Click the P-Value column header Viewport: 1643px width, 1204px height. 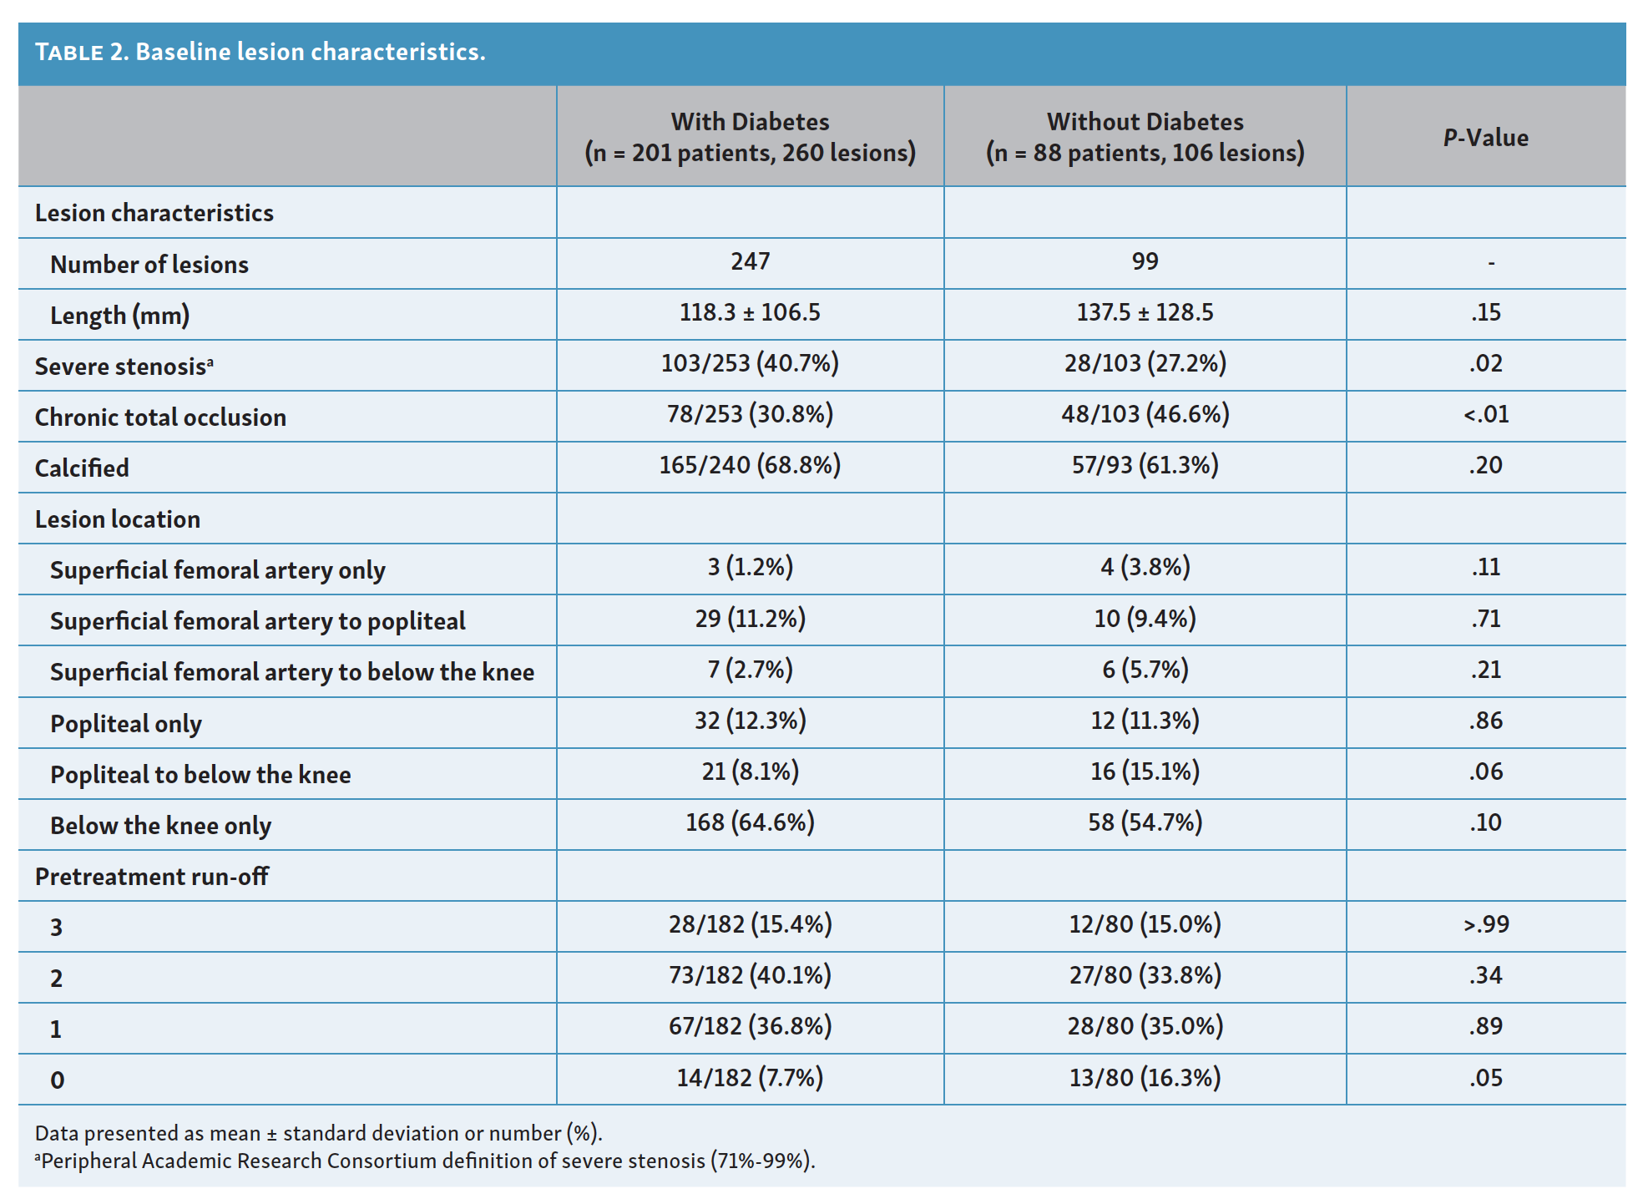click(x=1486, y=138)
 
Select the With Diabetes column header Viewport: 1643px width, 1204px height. click(x=750, y=137)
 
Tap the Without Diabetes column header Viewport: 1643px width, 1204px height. click(x=1145, y=137)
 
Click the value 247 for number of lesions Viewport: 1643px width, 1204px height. click(x=750, y=261)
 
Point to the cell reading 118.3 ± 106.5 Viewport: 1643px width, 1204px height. click(x=750, y=312)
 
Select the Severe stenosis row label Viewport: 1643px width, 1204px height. click(x=124, y=366)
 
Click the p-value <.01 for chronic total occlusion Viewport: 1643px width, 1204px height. click(x=1486, y=414)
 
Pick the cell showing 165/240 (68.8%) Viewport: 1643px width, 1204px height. click(x=750, y=465)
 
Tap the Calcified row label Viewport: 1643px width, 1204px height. click(x=82, y=468)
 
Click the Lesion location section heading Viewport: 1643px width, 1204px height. click(x=118, y=519)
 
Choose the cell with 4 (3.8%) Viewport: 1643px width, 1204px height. click(x=1145, y=567)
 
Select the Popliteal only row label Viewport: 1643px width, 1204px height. click(x=126, y=723)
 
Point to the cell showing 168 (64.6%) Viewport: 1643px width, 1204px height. click(x=750, y=822)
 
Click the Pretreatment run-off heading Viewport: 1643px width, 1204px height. click(x=152, y=876)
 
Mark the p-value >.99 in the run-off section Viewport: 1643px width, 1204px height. click(x=1486, y=924)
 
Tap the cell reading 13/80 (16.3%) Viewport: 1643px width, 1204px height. click(x=1145, y=1078)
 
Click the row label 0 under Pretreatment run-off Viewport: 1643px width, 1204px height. click(x=57, y=1080)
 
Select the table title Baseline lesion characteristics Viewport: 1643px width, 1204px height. click(x=311, y=52)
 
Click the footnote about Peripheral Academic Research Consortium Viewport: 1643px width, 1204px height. click(x=425, y=1161)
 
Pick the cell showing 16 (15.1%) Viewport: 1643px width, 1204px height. click(x=1145, y=771)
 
